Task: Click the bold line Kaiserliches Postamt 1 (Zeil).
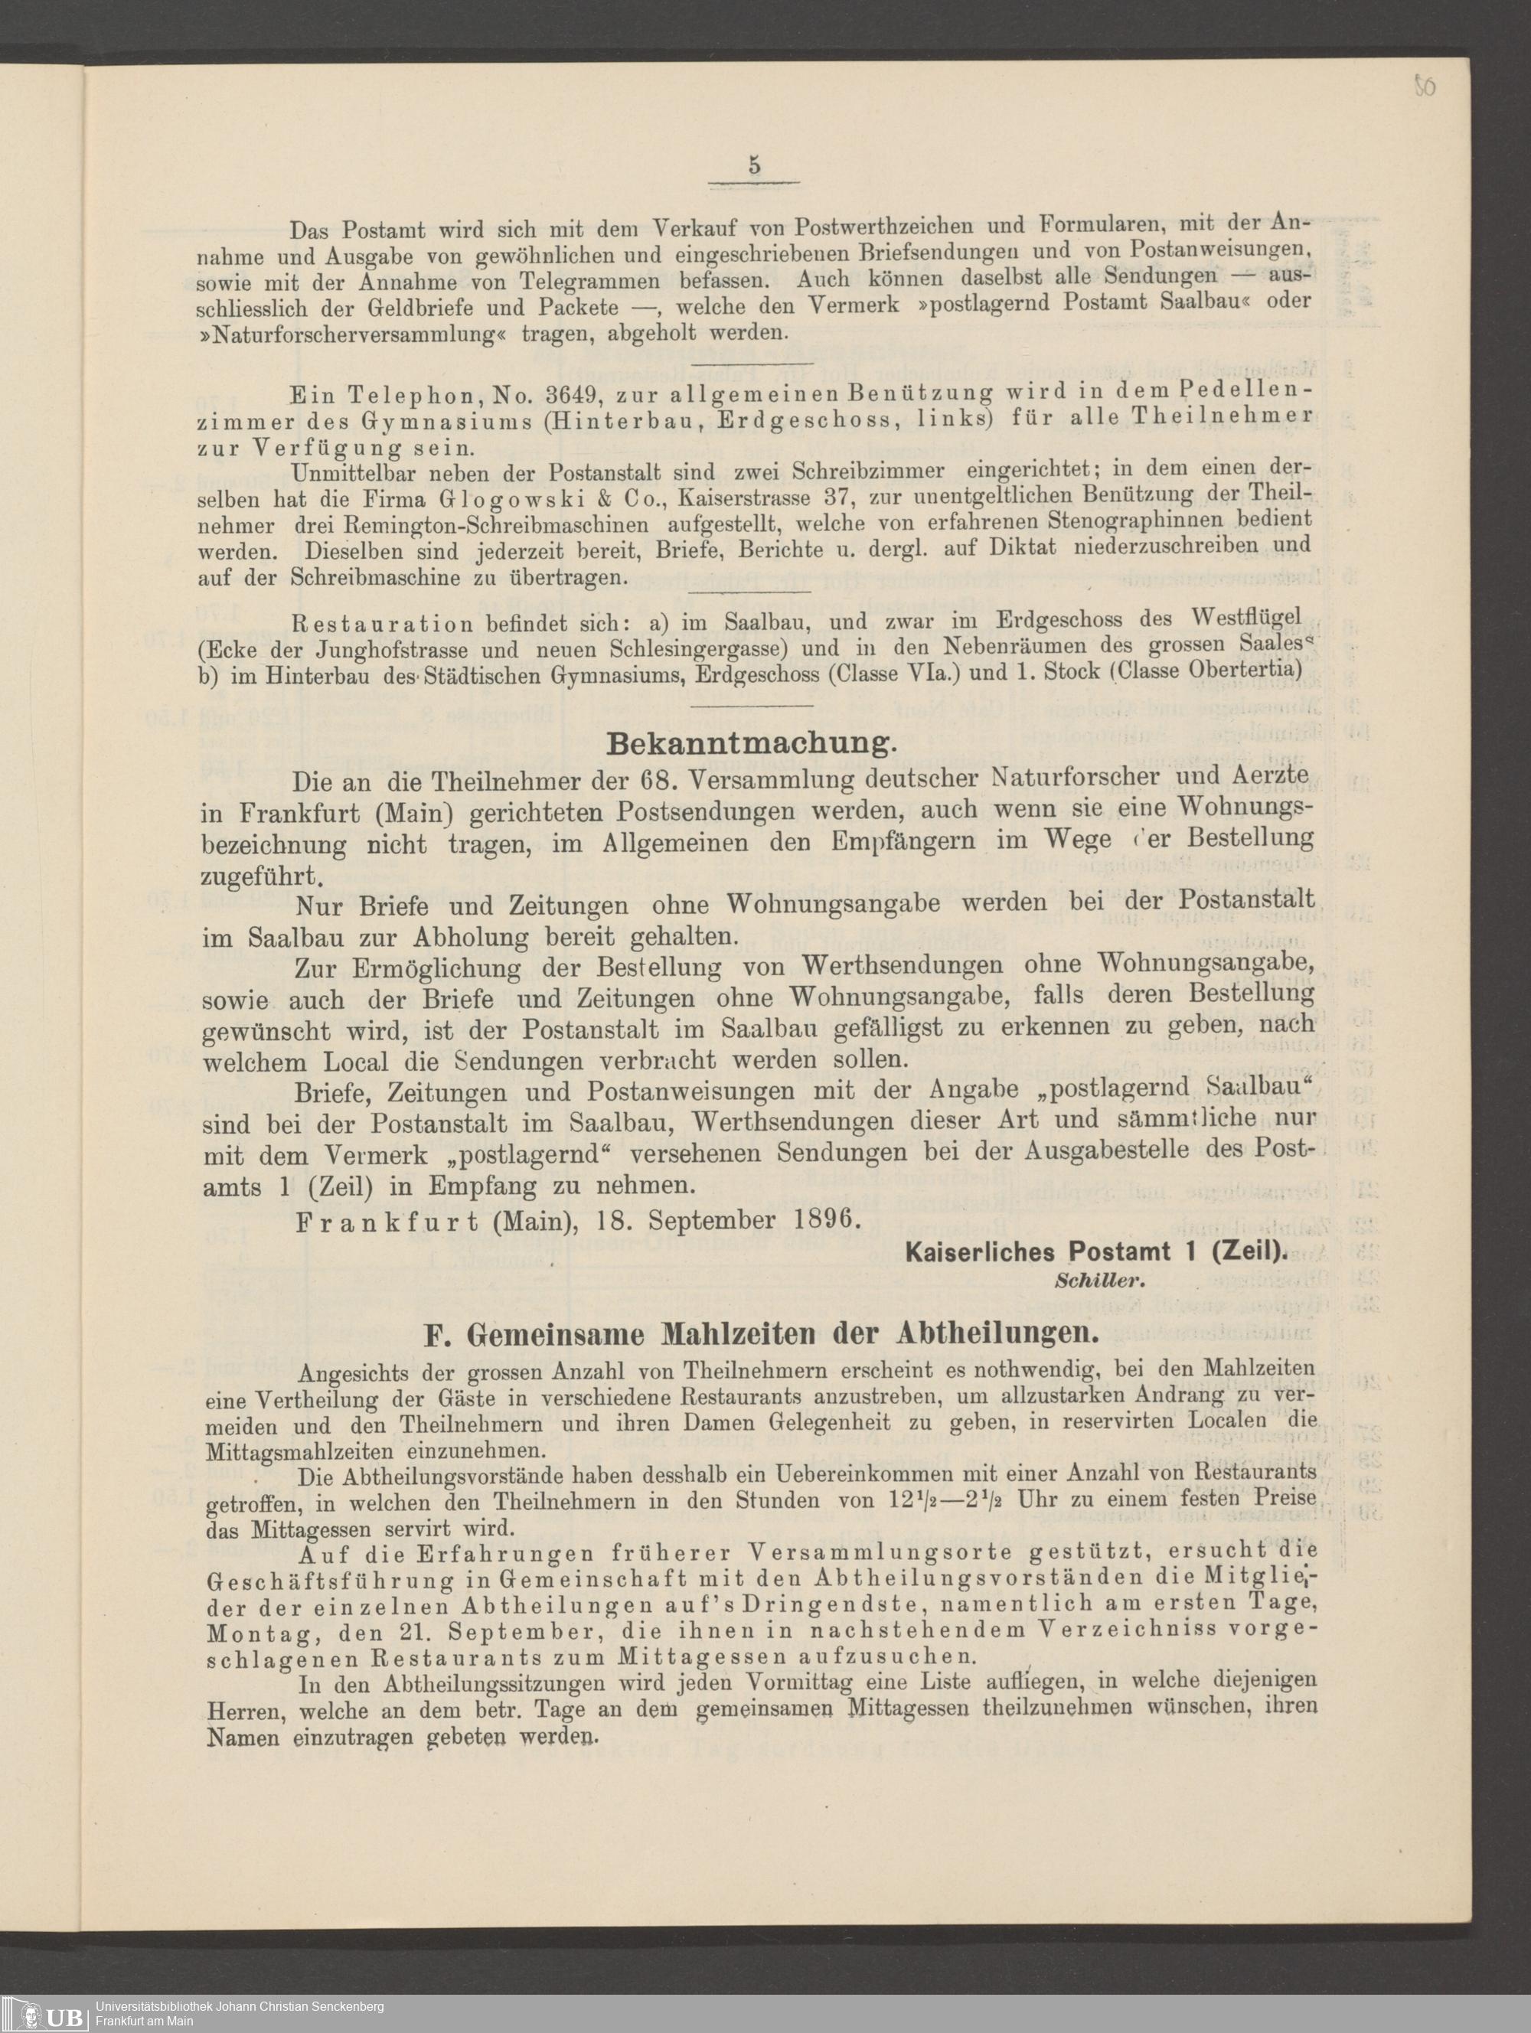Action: (x=1095, y=1251)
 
